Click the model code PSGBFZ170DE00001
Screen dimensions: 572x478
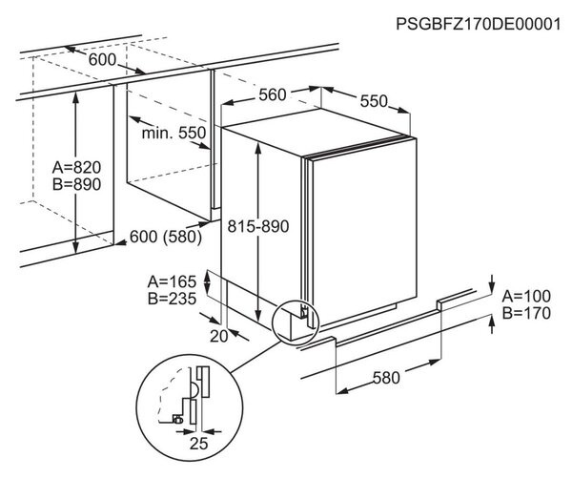(479, 24)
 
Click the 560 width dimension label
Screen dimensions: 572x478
(272, 95)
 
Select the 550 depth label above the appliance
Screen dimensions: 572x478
(374, 101)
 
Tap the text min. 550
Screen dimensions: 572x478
(174, 133)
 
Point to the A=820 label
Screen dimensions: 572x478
(76, 167)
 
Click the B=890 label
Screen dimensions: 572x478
(76, 184)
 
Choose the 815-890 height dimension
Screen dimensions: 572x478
(258, 226)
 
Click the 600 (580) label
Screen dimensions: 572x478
(166, 237)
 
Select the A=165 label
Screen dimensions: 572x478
(172, 281)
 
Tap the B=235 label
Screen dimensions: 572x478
(172, 299)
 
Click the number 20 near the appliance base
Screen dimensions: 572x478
(219, 336)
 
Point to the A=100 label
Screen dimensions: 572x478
(526, 296)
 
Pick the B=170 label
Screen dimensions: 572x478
(526, 313)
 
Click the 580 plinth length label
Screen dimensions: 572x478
(386, 378)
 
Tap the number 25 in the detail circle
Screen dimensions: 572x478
(199, 444)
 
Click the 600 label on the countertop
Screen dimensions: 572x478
(102, 60)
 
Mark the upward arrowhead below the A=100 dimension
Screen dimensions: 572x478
(492, 322)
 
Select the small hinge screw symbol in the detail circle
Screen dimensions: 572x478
(178, 420)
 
